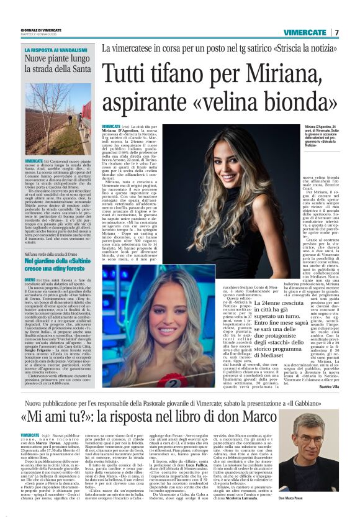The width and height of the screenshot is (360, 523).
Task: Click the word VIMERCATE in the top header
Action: click(306, 32)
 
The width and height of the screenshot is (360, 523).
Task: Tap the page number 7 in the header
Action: click(336, 32)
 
